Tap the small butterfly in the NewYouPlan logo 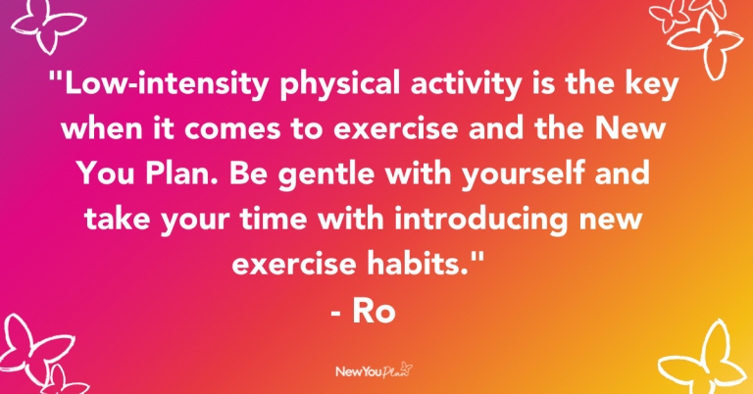point(406,367)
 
